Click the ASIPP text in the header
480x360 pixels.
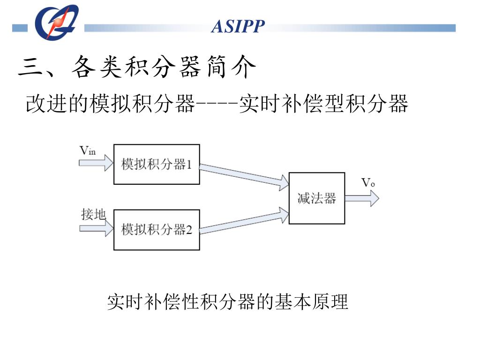(x=238, y=27)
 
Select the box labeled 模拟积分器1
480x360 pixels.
(x=157, y=164)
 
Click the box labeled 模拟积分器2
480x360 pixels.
(x=157, y=230)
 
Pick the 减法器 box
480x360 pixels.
(x=316, y=198)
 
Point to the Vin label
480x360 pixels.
(x=87, y=150)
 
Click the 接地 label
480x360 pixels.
(x=93, y=215)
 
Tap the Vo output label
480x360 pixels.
(x=368, y=183)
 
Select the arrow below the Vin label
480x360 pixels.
(x=96, y=163)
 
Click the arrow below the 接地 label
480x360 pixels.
(x=96, y=229)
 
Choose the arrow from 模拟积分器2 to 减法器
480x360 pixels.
(x=244, y=221)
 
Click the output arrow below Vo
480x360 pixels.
(x=361, y=198)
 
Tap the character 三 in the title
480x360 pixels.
(x=28, y=68)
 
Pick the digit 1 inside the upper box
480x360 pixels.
(x=189, y=165)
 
